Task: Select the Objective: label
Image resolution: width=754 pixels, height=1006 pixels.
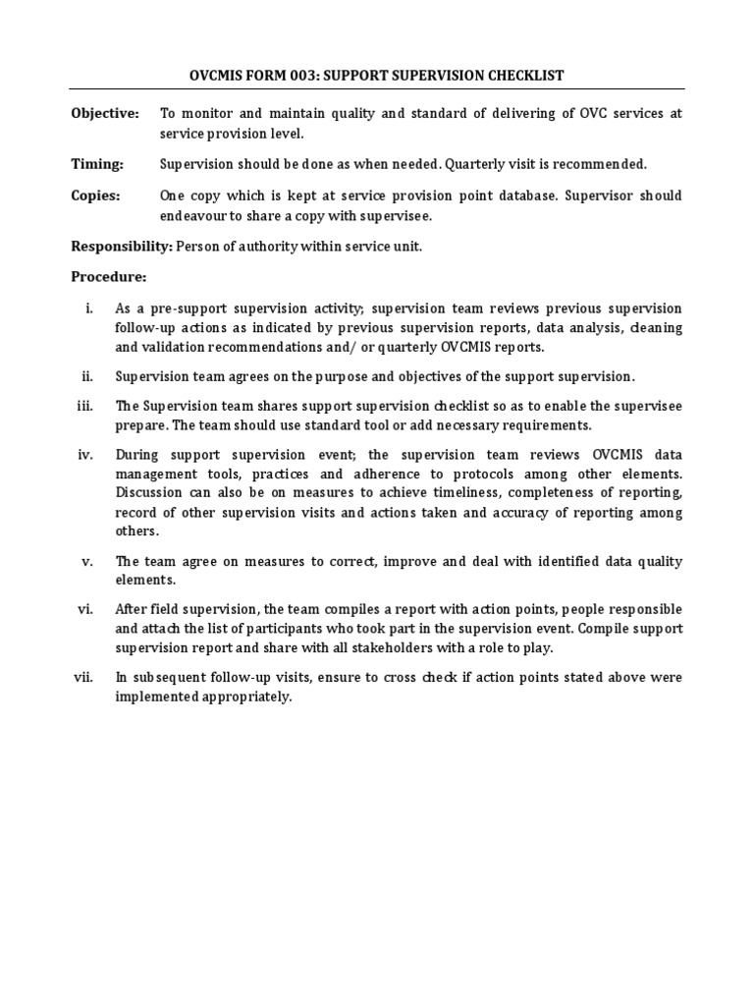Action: pos(104,114)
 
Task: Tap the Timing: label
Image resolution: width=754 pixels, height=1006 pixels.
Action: pos(96,164)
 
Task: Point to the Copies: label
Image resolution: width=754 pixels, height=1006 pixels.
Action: pos(95,196)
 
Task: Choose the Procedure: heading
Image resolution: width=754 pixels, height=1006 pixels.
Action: pos(108,277)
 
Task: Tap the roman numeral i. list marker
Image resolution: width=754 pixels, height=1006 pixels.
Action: pos(89,308)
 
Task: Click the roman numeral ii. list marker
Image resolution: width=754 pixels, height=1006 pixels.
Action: pos(87,376)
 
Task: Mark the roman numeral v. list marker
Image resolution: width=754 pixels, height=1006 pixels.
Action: pos(87,561)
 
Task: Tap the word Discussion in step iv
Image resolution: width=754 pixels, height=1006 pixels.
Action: pos(148,492)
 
